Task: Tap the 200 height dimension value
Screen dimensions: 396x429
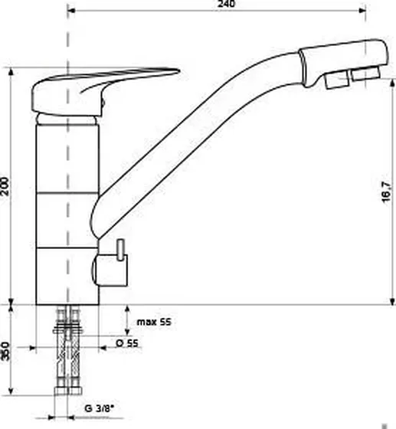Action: click(x=5, y=186)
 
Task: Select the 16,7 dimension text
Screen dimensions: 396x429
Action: click(x=386, y=192)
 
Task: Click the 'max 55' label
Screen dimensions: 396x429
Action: click(x=154, y=322)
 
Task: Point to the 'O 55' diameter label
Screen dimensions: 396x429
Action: click(x=127, y=343)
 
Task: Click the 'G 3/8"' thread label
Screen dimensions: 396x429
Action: click(x=100, y=409)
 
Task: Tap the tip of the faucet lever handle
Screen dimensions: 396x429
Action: click(x=179, y=71)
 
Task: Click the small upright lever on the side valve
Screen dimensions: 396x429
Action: click(x=120, y=250)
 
